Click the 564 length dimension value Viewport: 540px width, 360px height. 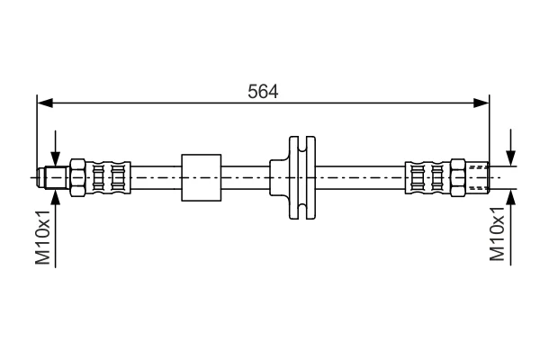263,91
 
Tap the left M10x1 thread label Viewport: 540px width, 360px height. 43,237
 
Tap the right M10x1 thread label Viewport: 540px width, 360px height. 497,233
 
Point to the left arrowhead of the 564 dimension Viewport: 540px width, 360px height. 45,103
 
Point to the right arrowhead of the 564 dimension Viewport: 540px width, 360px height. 481,103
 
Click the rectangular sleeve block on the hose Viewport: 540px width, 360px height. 201,177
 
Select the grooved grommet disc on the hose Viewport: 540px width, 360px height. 302,178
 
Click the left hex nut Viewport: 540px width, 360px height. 77,178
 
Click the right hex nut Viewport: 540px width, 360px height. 458,178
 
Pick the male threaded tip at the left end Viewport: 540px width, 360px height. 53,178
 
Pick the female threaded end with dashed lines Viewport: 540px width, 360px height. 477,178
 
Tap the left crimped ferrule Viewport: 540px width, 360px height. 108,178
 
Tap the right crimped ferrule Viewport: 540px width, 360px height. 427,178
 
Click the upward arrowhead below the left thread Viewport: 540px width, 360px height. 55,197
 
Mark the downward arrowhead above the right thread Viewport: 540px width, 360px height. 511,158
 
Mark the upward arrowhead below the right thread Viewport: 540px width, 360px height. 511,197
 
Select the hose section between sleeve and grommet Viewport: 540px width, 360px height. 245,178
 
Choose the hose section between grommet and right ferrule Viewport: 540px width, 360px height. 360,178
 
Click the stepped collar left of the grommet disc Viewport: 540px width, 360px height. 279,178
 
